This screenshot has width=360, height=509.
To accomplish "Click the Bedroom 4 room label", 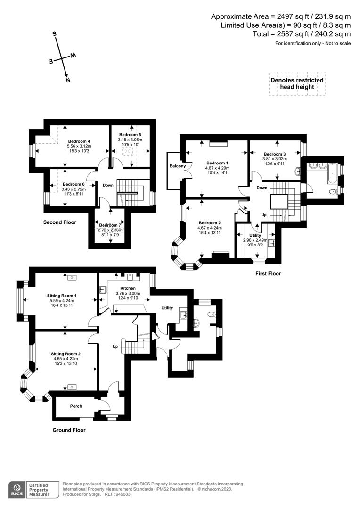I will (79, 141).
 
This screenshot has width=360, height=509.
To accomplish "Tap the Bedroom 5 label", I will (130, 135).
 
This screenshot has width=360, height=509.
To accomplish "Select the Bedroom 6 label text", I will (74, 184).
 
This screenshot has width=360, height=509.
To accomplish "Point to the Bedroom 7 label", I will (110, 225).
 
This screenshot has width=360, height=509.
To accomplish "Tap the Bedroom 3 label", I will (275, 154).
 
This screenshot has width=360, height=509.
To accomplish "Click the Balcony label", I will (178, 166).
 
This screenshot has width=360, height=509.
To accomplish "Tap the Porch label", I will (76, 406).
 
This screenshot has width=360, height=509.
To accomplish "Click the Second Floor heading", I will (59, 222).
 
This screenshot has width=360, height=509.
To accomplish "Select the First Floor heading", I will (267, 273).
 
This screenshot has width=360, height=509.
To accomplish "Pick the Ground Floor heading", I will (69, 430).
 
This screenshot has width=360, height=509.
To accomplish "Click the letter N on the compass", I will (68, 80).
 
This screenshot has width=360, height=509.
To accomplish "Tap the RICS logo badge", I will (19, 490).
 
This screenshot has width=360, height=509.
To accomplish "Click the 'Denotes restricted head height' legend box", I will (297, 84).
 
